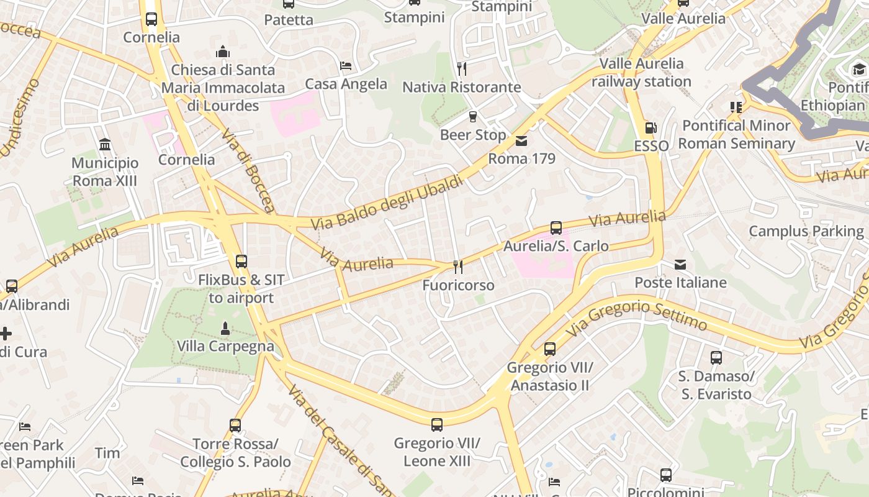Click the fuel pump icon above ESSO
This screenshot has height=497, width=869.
[651, 128]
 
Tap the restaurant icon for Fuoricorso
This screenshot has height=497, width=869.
[458, 267]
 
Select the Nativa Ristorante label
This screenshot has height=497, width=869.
[461, 87]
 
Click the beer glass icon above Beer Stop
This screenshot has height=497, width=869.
[473, 117]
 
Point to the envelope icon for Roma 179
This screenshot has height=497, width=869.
[521, 141]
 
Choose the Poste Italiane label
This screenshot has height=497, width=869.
[680, 283]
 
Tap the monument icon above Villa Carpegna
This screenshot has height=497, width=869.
[225, 328]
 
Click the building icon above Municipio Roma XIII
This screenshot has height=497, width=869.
[105, 145]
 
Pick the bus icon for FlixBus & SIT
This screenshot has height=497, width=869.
[241, 262]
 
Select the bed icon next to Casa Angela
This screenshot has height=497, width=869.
[346, 66]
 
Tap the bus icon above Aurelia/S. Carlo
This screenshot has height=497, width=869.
[556, 228]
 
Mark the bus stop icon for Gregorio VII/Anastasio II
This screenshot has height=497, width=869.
[550, 349]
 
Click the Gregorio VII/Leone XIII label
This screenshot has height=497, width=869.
[437, 452]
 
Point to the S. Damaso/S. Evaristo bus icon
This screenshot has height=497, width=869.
[716, 358]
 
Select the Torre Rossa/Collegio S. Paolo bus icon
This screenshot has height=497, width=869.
[235, 426]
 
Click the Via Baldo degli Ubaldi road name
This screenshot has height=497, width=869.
[387, 203]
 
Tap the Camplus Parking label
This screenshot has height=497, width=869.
[806, 231]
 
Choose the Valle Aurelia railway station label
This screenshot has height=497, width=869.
[641, 72]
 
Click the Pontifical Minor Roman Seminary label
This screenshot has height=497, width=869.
[736, 134]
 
